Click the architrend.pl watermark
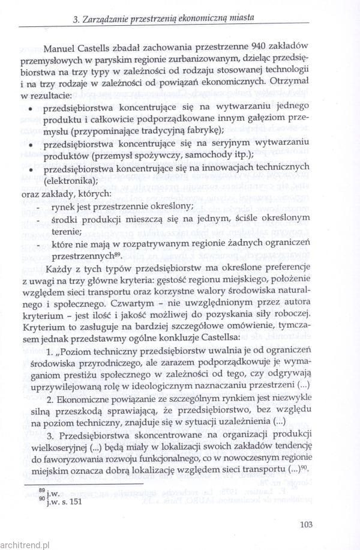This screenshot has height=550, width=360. click(26, 543)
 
